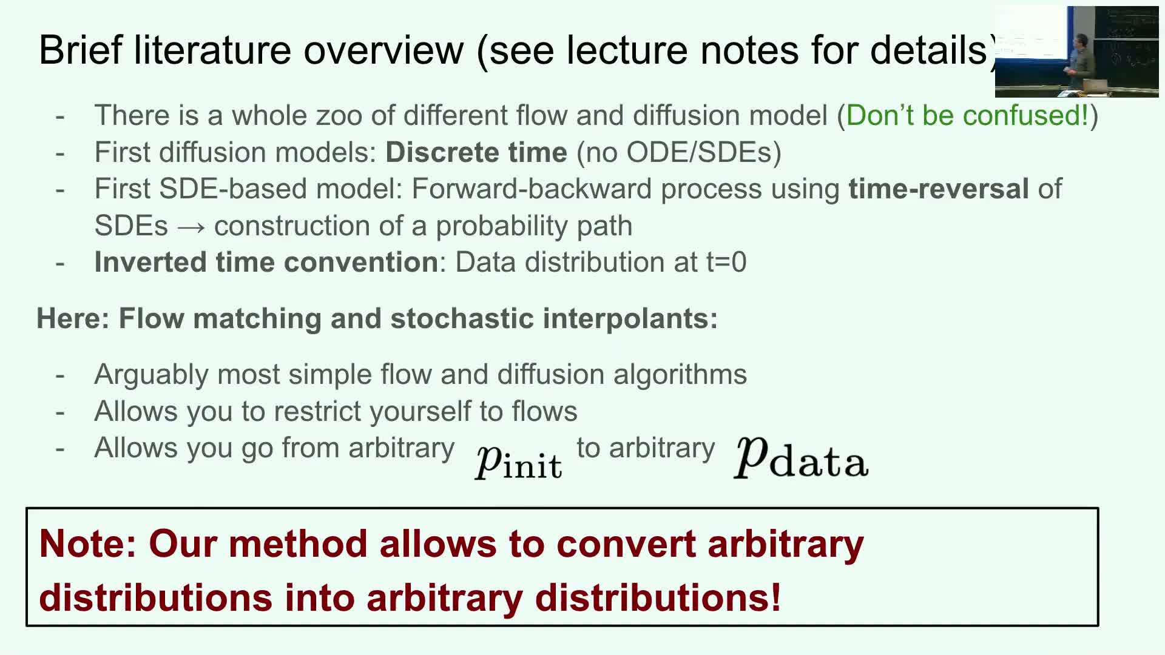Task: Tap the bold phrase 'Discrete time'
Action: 476,152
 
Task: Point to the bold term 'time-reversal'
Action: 939,189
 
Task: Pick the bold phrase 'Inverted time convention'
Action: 266,262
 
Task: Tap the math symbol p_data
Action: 802,458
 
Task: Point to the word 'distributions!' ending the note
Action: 658,597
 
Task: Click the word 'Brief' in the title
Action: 81,49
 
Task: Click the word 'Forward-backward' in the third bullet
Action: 532,189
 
